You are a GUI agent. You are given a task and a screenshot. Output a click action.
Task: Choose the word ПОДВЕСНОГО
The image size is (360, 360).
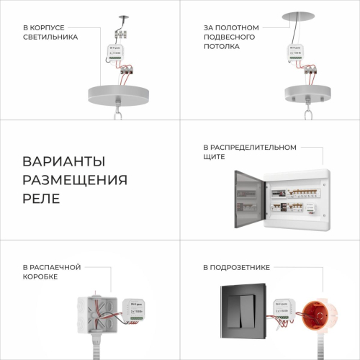[230, 37]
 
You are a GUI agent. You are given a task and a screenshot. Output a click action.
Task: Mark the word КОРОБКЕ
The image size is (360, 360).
[40, 276]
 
